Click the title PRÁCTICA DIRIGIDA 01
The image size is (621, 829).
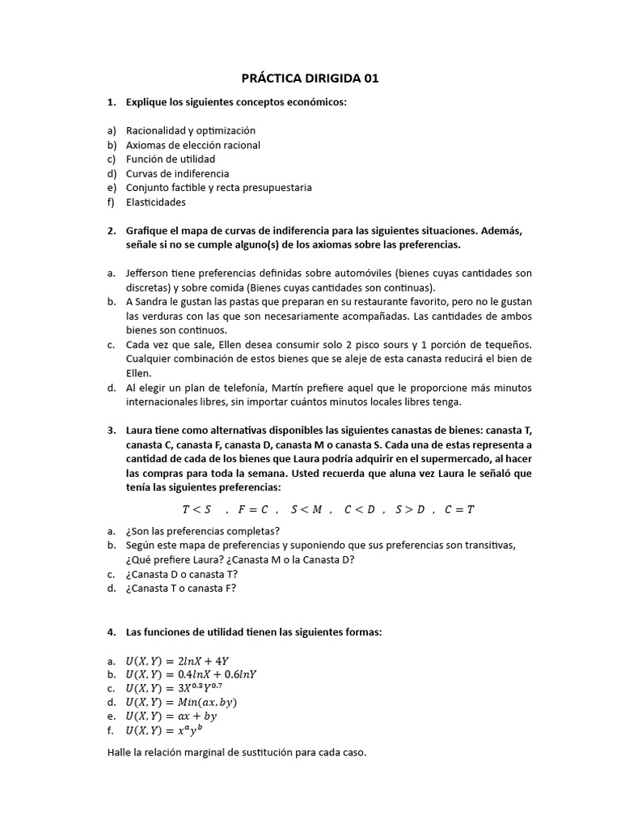(310, 79)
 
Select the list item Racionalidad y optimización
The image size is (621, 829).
(190, 130)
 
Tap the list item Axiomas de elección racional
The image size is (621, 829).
(192, 145)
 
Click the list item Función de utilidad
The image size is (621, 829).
(170, 159)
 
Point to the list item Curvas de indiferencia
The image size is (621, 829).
(177, 173)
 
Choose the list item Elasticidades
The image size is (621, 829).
(155, 202)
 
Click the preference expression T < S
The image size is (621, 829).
(196, 509)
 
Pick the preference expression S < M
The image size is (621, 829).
(306, 509)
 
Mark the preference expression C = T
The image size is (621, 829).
(459, 509)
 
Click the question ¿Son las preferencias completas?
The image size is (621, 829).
(202, 531)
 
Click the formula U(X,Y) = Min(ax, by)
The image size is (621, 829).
(181, 702)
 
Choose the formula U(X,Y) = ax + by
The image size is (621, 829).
(171, 716)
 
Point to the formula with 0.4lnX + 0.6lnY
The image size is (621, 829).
(191, 674)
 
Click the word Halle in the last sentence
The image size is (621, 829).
(120, 753)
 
